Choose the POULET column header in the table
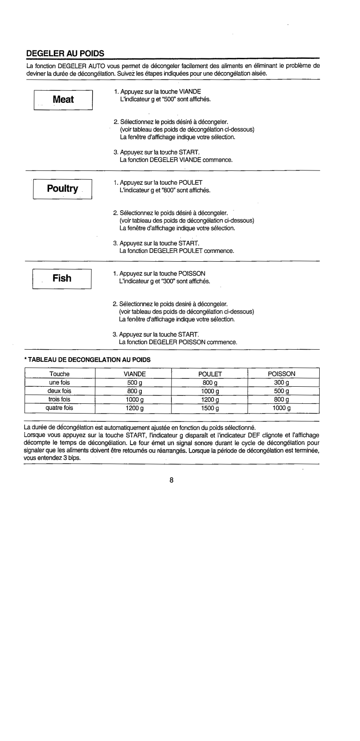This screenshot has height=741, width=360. point(210,373)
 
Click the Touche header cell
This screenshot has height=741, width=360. point(59,373)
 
